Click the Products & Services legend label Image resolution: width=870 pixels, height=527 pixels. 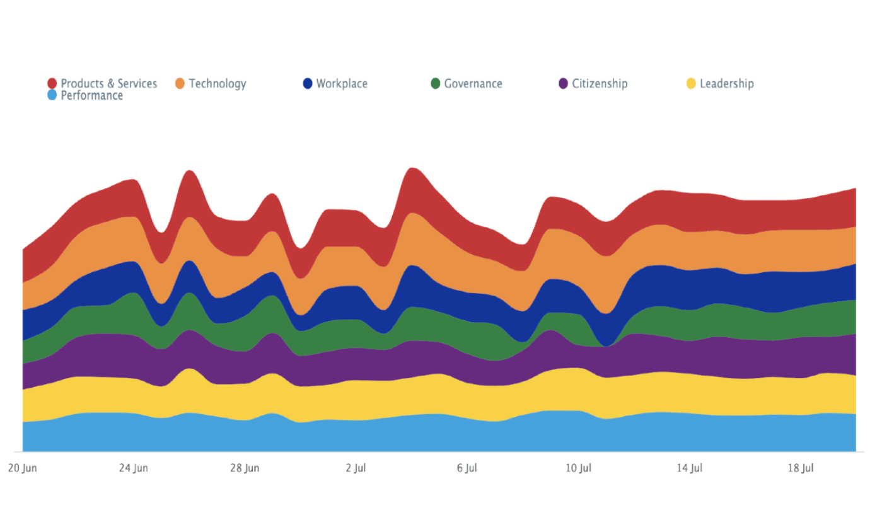click(108, 84)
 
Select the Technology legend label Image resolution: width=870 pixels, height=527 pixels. click(217, 84)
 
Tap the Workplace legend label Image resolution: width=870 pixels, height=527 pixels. click(342, 84)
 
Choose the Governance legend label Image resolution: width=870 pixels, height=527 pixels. click(473, 84)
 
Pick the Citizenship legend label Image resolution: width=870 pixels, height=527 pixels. click(600, 84)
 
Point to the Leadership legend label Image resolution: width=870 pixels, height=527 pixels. click(726, 84)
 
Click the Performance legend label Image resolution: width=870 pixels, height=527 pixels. click(91, 96)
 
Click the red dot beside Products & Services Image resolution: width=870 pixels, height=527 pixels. click(52, 83)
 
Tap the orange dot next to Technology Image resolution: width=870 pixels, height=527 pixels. click(180, 83)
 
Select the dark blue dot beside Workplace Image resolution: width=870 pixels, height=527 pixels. click(308, 83)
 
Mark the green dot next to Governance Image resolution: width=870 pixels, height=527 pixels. click(435, 83)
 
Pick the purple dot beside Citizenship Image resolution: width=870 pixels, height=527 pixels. click(563, 83)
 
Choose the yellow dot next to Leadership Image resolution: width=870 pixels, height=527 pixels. click(691, 83)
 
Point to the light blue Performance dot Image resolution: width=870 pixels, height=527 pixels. click(52, 95)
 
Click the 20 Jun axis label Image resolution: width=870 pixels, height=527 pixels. click(22, 468)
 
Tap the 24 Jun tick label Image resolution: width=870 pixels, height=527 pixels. click(133, 468)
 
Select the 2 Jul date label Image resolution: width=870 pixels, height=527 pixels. click(356, 468)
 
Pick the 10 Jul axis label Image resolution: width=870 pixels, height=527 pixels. click(578, 468)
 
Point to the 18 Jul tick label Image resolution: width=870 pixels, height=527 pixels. click(801, 468)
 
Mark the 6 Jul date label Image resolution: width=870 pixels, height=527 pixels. click(467, 468)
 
